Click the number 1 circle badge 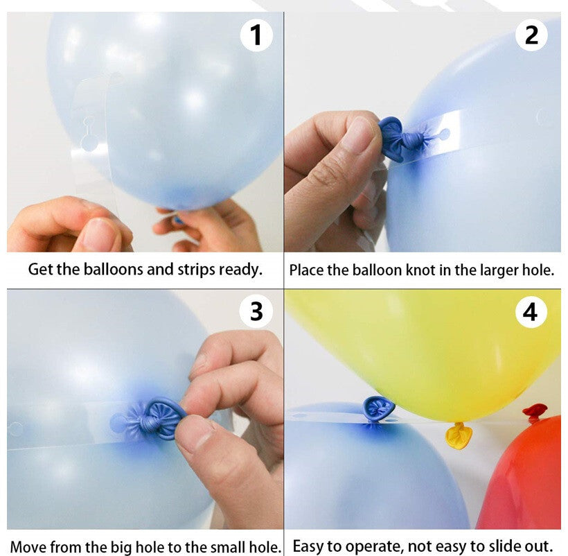point(256,35)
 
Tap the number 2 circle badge point(531,35)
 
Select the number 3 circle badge point(256,311)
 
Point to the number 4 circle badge point(531,312)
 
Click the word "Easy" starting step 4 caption point(308,546)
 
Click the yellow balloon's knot point(459,435)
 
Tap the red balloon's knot point(535,412)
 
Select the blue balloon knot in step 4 point(378,409)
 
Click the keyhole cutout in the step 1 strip point(89,134)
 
